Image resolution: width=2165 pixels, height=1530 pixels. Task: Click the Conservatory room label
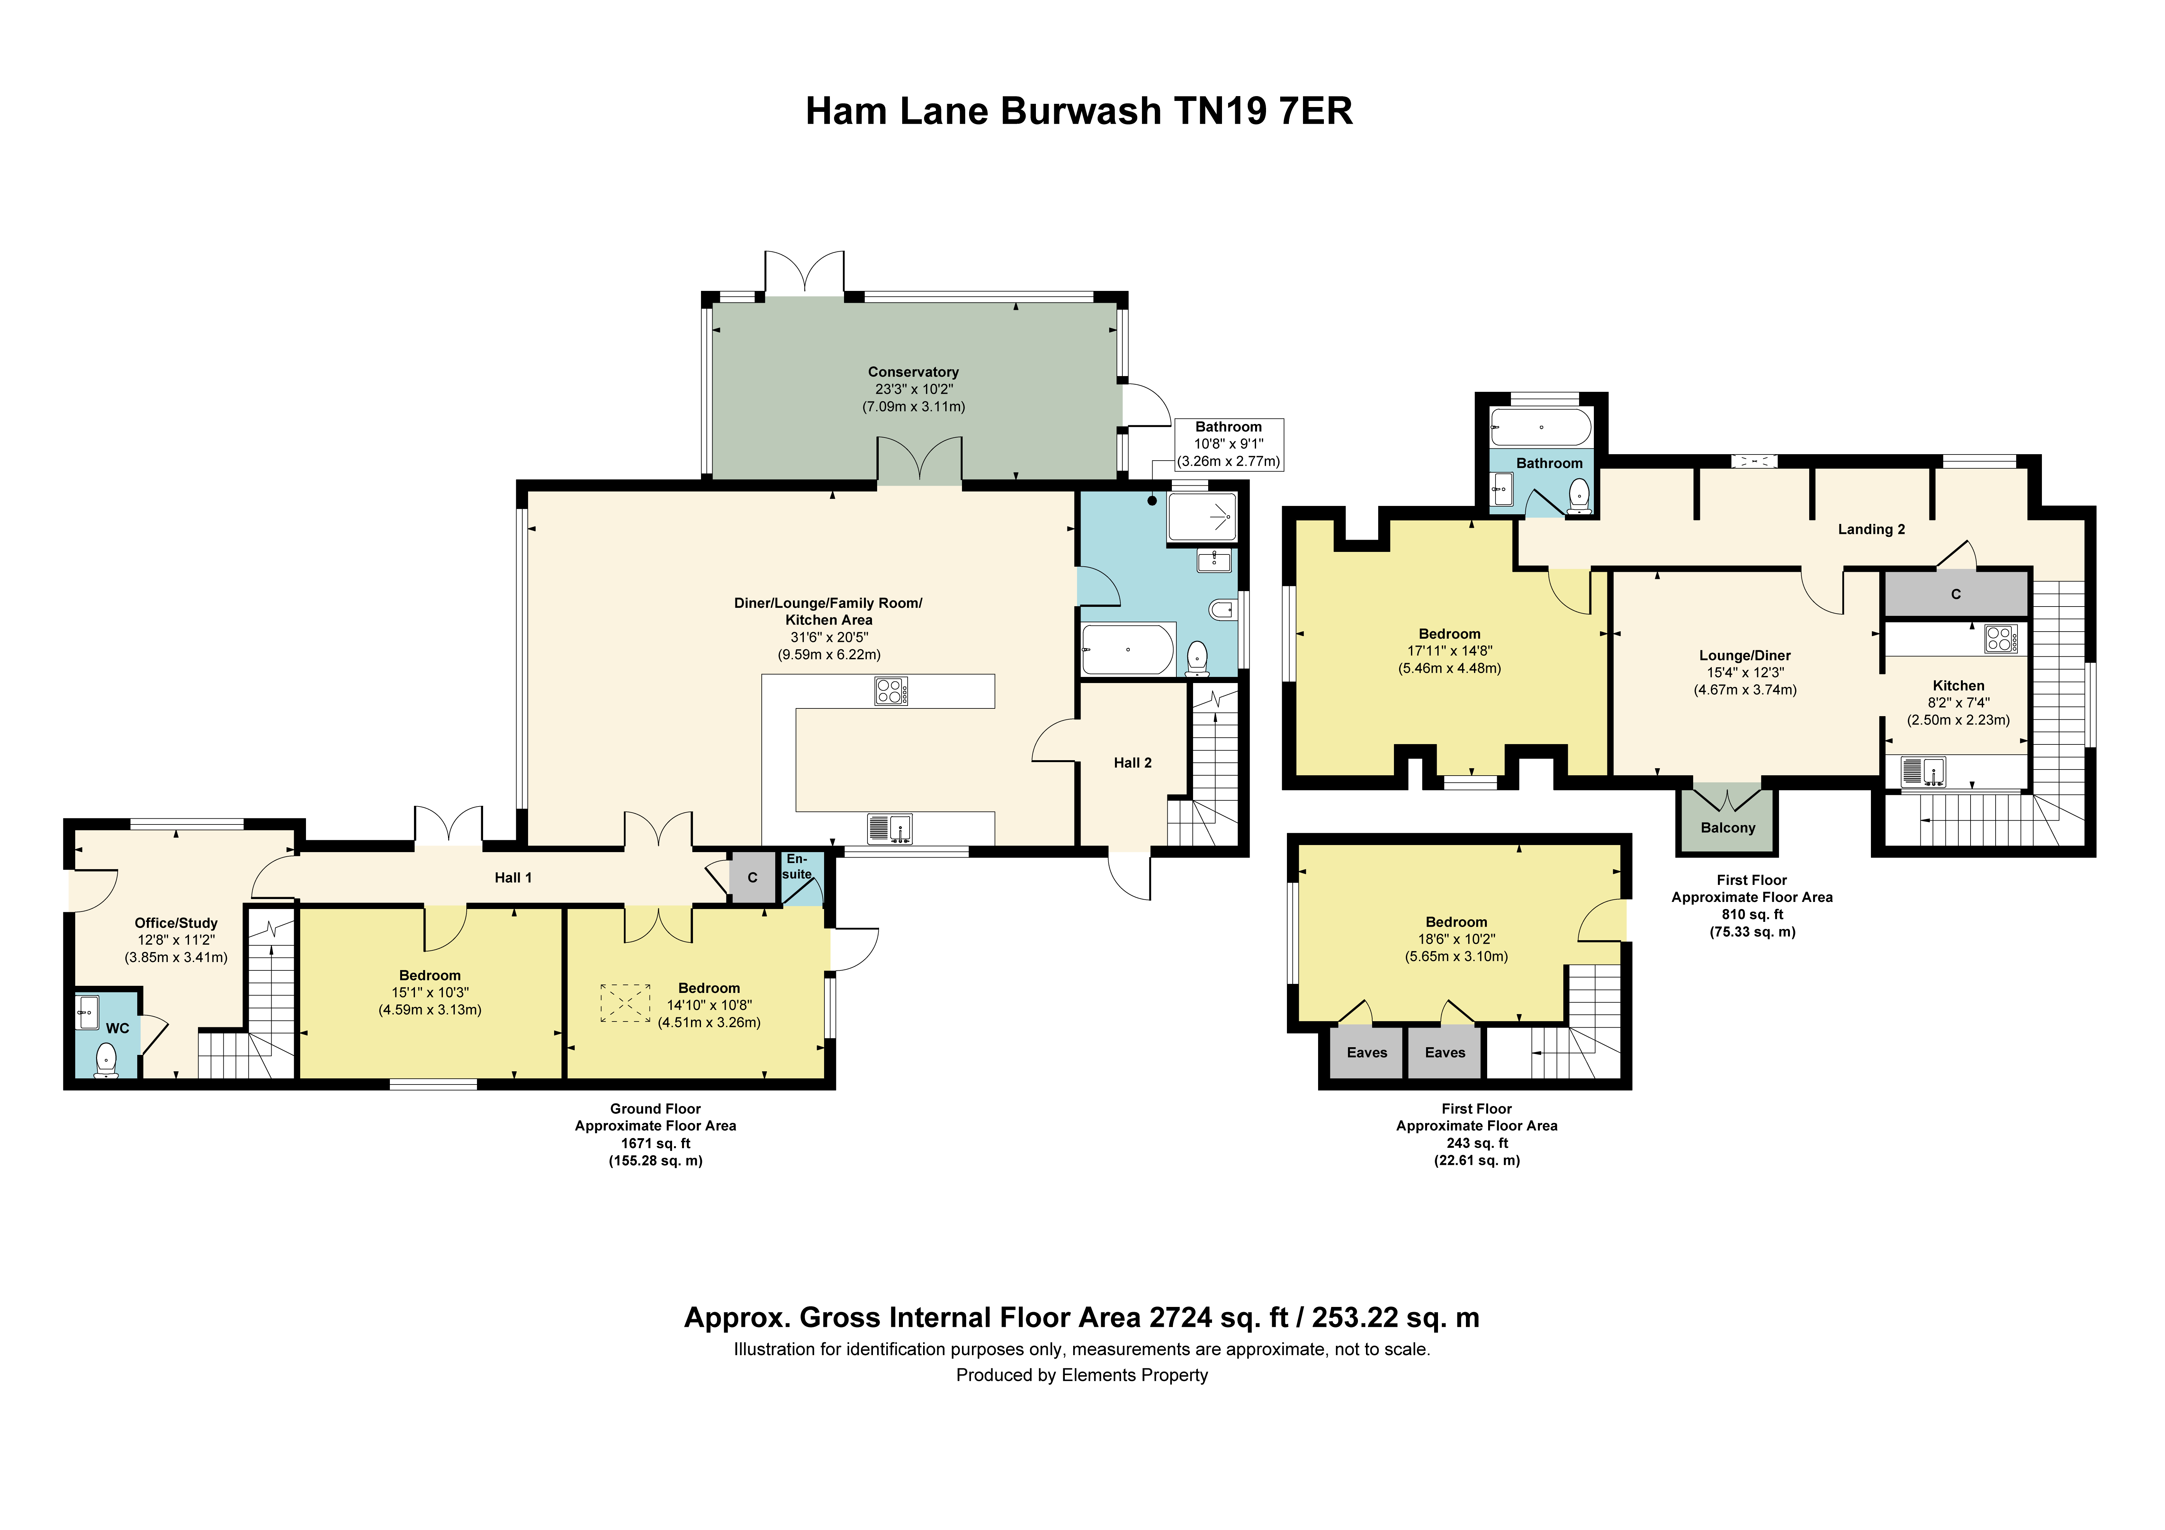[x=913, y=372]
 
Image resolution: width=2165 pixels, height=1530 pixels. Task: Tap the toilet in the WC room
[x=107, y=1059]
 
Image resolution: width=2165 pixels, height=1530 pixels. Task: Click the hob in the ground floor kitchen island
[x=891, y=690]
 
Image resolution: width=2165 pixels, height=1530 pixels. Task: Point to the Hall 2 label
[x=1132, y=762]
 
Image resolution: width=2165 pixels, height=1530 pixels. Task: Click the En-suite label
[x=797, y=866]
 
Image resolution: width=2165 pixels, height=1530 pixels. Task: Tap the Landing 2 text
[x=1871, y=529]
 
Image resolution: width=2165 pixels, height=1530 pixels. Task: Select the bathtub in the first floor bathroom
[x=1541, y=427]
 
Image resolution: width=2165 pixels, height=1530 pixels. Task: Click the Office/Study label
[x=176, y=923]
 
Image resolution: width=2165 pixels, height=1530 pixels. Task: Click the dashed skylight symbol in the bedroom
[x=625, y=1003]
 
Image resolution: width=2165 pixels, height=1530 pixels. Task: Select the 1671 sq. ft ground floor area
[x=655, y=1143]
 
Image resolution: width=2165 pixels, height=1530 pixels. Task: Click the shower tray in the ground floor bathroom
[x=1202, y=517]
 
